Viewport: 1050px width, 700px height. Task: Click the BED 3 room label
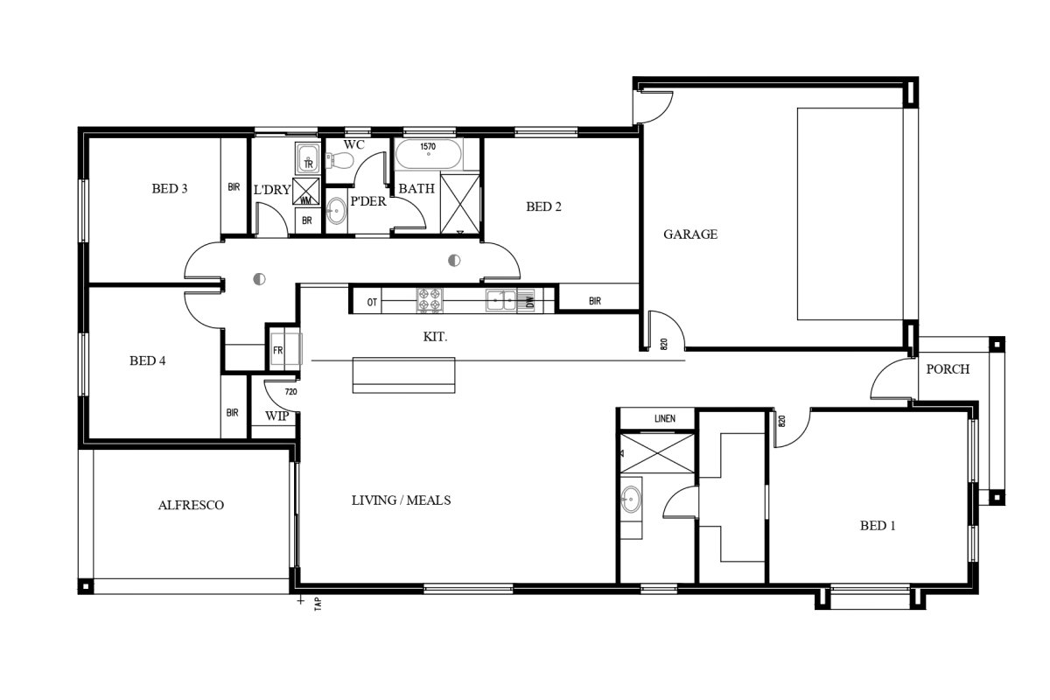(169, 188)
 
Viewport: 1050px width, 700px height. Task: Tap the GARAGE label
(690, 234)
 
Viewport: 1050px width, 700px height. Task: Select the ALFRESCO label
(191, 505)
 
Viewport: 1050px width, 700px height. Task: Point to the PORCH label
(948, 369)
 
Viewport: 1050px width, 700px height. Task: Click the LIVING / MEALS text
(402, 500)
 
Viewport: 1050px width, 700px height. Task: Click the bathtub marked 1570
(429, 154)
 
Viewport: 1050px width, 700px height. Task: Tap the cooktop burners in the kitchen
(430, 299)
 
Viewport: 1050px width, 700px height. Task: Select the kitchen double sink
(500, 300)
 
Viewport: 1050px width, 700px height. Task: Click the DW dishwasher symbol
(530, 300)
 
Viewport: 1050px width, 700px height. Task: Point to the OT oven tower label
(372, 303)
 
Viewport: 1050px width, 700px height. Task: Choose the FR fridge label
(277, 350)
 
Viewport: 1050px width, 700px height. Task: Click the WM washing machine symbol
(305, 192)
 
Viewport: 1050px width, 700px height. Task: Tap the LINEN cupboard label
(665, 418)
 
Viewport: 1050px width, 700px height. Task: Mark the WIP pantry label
(276, 416)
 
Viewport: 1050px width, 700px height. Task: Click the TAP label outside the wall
(318, 604)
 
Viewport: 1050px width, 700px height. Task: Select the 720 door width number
(290, 391)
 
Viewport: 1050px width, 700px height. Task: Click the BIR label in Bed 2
(595, 301)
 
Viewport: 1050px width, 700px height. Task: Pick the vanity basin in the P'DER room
(336, 211)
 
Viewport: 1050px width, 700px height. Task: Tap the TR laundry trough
(308, 157)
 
